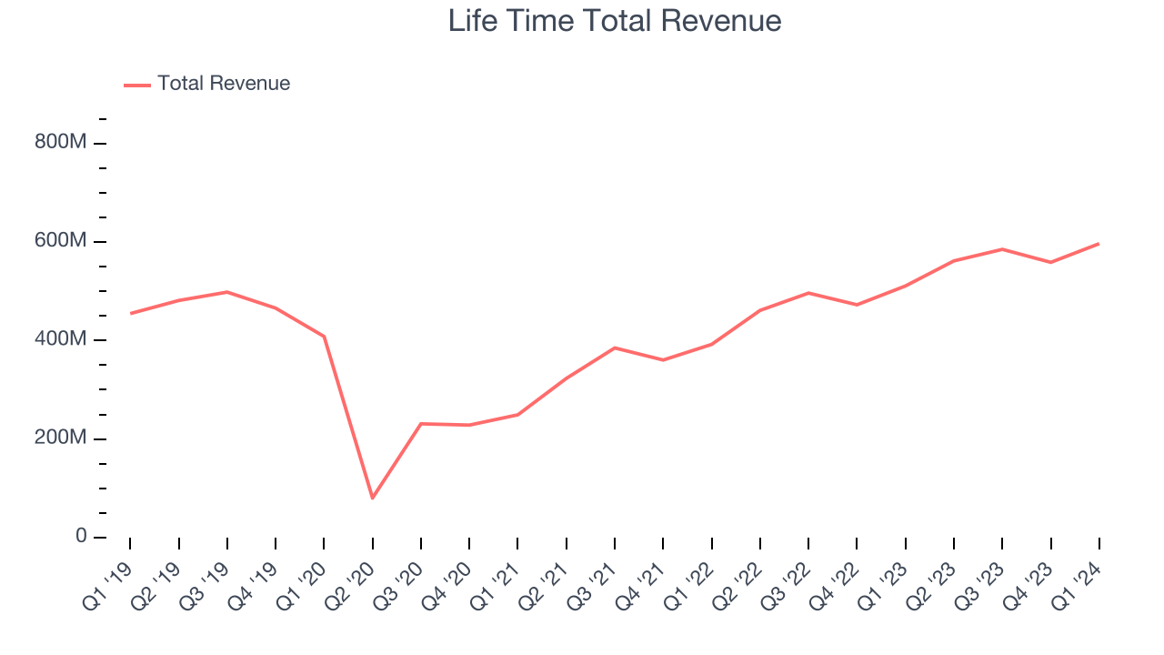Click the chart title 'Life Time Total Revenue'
615,21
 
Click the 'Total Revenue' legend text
224,84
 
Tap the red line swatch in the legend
137,85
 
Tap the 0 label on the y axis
81,537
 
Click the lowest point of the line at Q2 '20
372,498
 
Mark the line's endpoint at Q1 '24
1099,244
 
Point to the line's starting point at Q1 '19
130,313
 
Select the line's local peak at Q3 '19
226,292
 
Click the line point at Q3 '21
615,348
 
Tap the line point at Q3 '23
1002,249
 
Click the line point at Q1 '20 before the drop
324,337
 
